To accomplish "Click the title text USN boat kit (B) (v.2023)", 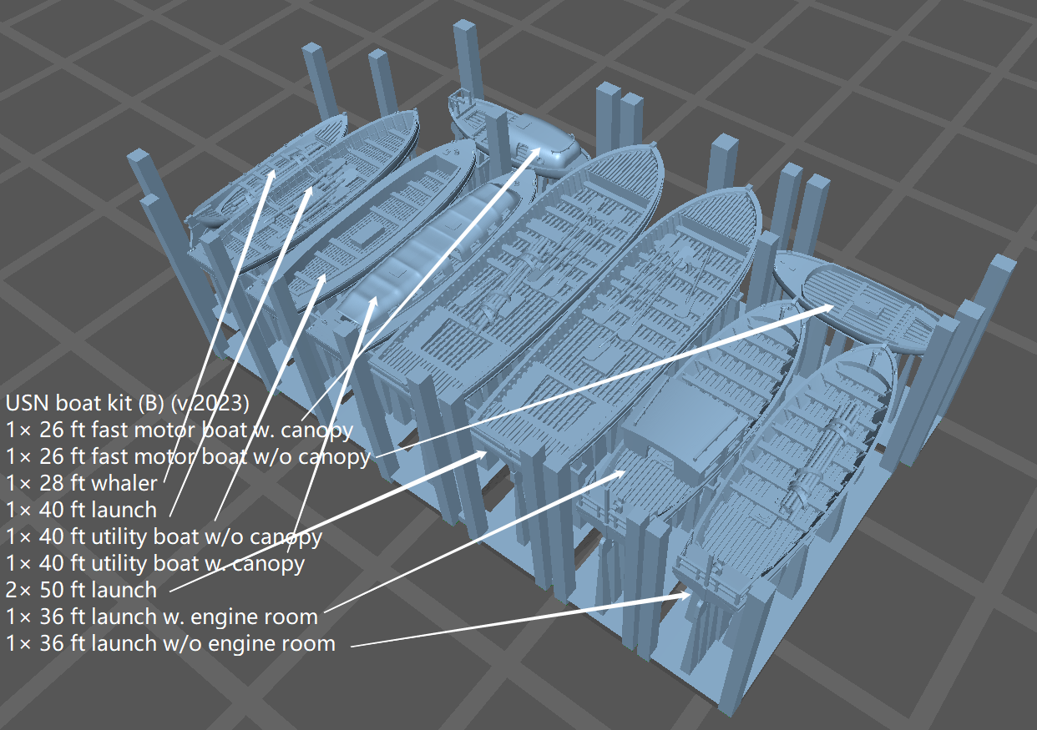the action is tap(127, 404).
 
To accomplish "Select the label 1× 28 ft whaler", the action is tap(82, 483).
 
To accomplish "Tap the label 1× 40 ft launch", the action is tap(82, 510).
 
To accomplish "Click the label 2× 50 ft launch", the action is tap(82, 590).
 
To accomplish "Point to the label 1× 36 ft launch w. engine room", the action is tap(162, 617).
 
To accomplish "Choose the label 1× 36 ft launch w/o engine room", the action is tap(170, 643).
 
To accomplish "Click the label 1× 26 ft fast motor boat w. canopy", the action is tap(180, 430).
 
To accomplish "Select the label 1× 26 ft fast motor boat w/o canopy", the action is tap(188, 457).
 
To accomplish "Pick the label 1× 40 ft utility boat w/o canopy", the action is tap(164, 537).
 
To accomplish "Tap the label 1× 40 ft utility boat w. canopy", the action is tap(155, 563).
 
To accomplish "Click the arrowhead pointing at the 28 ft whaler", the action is tap(271, 175).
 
